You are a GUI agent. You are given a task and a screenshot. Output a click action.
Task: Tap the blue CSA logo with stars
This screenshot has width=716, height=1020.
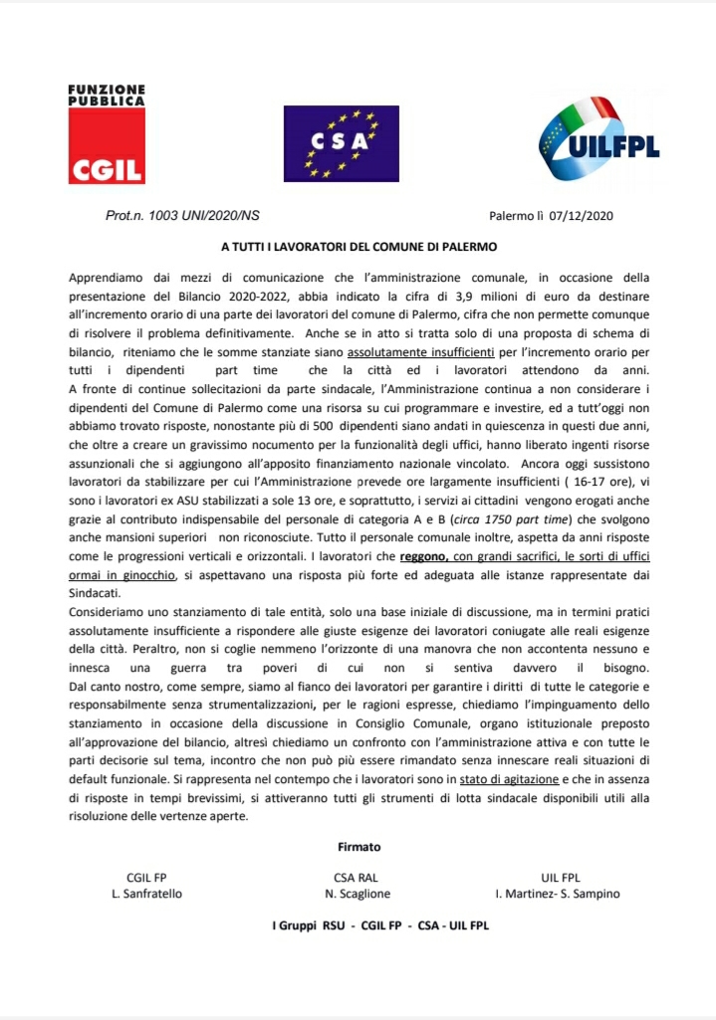click(342, 144)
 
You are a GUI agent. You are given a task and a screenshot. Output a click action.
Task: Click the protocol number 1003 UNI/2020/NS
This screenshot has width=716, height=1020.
click(182, 215)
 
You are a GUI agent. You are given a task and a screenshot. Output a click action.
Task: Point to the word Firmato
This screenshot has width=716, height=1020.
click(358, 847)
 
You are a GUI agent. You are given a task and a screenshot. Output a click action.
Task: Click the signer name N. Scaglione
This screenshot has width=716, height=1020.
click(357, 893)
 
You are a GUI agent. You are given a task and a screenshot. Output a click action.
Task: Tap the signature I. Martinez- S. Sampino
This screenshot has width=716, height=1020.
click(557, 893)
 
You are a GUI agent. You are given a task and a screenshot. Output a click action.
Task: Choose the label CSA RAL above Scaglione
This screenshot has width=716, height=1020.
click(357, 877)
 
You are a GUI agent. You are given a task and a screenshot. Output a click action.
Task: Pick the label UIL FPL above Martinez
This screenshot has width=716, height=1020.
click(559, 877)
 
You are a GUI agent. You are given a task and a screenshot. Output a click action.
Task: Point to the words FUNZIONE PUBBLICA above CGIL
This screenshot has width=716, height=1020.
click(106, 96)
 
